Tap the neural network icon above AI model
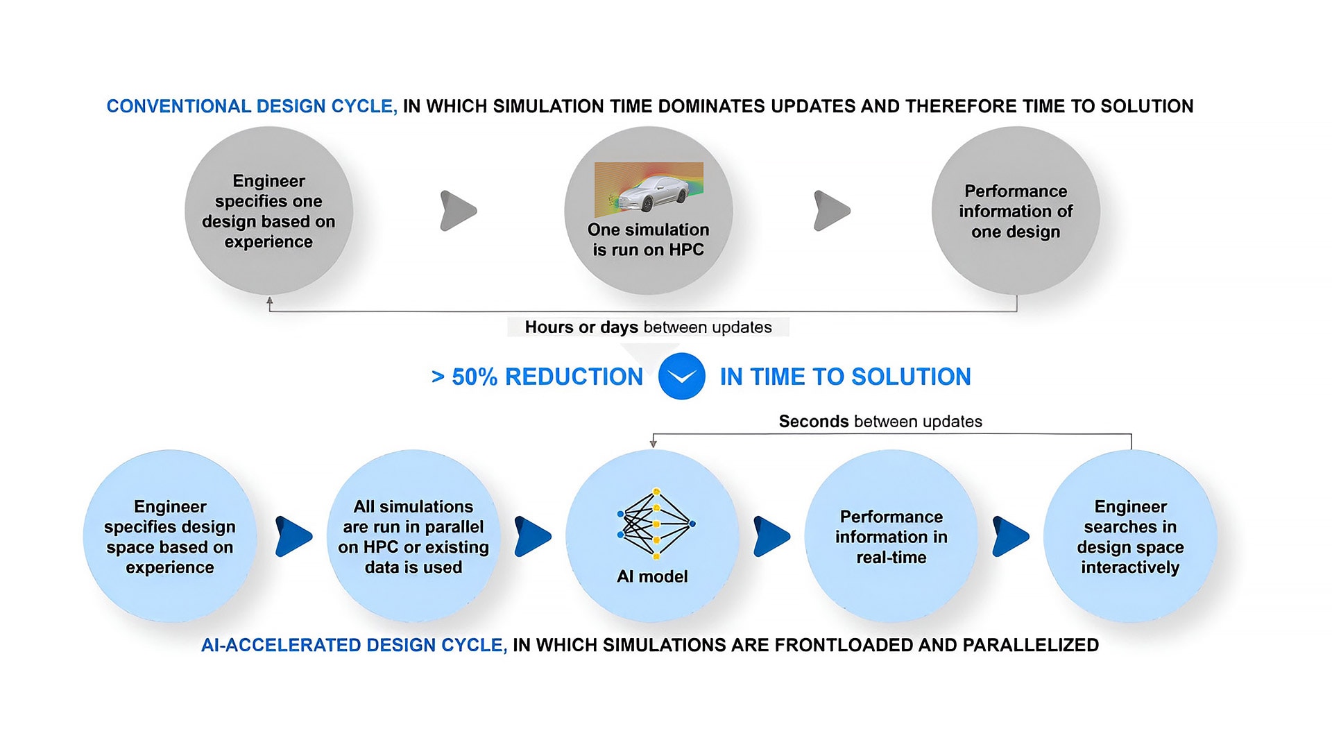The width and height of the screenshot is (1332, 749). pos(656,524)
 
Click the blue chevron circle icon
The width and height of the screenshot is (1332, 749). pos(681,377)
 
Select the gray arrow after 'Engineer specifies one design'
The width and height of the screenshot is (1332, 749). pos(458,211)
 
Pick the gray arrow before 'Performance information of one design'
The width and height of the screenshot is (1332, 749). pos(831,211)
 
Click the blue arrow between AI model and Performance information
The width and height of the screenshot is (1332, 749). pos(771,536)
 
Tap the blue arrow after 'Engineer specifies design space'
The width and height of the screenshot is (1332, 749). pos(293,536)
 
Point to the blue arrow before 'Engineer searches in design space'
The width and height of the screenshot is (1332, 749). pos(1010,536)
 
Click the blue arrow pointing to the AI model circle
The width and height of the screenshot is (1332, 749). pos(532,536)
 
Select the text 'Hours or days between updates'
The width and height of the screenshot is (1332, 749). pos(648,327)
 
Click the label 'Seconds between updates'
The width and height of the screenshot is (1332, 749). pos(880,422)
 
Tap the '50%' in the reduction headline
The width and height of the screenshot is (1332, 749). pos(475,377)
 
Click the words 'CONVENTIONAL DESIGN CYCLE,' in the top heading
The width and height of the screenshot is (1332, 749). pos(252,106)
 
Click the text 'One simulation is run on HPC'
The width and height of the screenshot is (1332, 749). pos(648,240)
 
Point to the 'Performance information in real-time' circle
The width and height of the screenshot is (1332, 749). pos(891,537)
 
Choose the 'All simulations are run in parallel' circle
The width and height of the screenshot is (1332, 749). pos(413,537)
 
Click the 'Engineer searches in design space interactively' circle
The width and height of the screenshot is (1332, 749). pos(1130,537)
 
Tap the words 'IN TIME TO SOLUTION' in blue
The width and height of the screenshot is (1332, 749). pos(845,377)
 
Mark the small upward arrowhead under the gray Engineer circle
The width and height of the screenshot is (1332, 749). pos(270,302)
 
